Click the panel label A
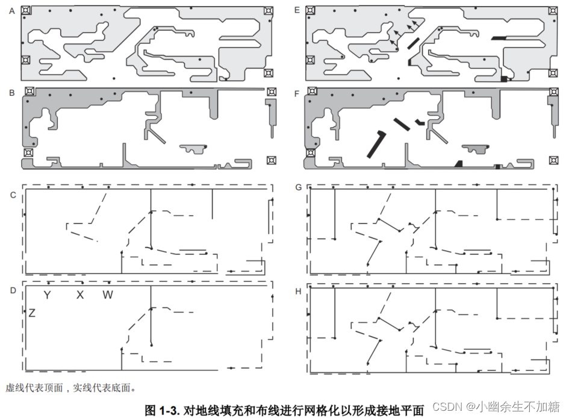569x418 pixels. tap(12, 10)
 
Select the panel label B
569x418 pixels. tap(12, 93)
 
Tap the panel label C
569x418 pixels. tap(12, 195)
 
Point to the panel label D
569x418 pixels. tap(12, 291)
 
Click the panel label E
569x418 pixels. tap(297, 10)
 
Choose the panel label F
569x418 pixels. tap(297, 93)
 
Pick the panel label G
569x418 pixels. tap(297, 187)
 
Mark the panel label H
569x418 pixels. tap(297, 291)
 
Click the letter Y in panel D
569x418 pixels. tap(47, 295)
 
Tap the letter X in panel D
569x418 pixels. tap(79, 295)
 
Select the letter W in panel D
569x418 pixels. tap(107, 295)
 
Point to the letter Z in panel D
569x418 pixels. tap(32, 313)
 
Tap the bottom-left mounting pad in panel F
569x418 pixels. tap(311, 152)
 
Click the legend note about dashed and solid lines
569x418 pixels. tap(71, 387)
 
